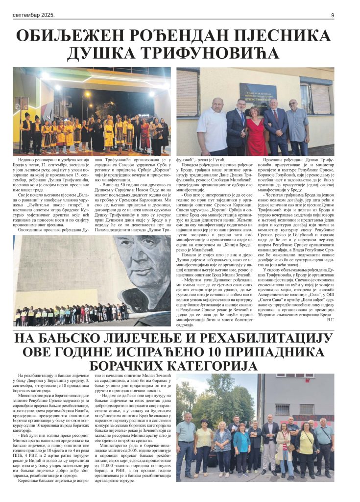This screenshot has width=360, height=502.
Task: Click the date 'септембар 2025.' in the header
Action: coord(34,15)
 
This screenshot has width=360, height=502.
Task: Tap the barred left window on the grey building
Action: coord(282,409)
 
